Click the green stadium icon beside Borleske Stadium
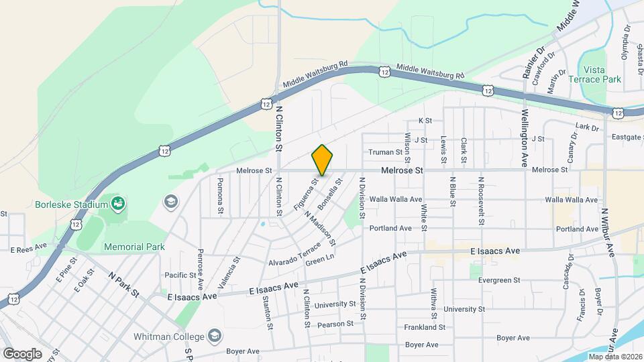[118, 202]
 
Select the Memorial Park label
[134, 247]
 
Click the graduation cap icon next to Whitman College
[215, 335]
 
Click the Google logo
[22, 353]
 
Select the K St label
[424, 121]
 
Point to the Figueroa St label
[304, 193]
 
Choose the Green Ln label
[319, 258]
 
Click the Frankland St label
[425, 327]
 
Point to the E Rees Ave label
[28, 249]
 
